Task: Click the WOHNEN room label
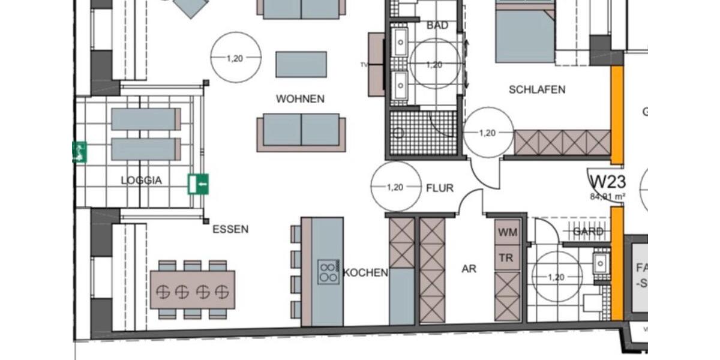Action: (300, 99)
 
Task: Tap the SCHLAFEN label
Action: (537, 90)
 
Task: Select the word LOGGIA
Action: (142, 180)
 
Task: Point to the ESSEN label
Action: (230, 229)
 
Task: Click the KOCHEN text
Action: (365, 273)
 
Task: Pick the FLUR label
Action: (440, 188)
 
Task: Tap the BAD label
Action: (437, 26)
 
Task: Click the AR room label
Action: (469, 269)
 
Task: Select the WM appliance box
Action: (508, 232)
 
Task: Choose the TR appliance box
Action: (508, 257)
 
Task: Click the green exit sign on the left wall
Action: (79, 152)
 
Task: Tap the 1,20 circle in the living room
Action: (236, 58)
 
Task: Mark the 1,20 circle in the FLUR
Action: (395, 187)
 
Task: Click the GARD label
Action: (588, 232)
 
